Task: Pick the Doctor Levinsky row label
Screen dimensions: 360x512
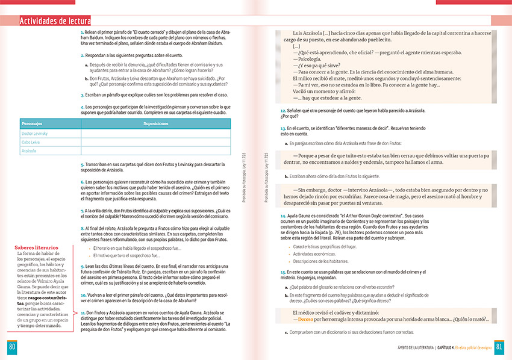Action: coord(34,133)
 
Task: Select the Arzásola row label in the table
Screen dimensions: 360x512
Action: coord(28,151)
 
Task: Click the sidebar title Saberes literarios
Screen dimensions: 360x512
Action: coord(37,247)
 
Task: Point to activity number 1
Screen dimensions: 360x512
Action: coord(82,31)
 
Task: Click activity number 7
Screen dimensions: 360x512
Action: coord(82,211)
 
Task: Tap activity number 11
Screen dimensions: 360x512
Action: coord(83,313)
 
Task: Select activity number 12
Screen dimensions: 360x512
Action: coord(283,111)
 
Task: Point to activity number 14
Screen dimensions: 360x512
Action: coord(283,215)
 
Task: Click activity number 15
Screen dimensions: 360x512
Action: coord(283,273)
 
